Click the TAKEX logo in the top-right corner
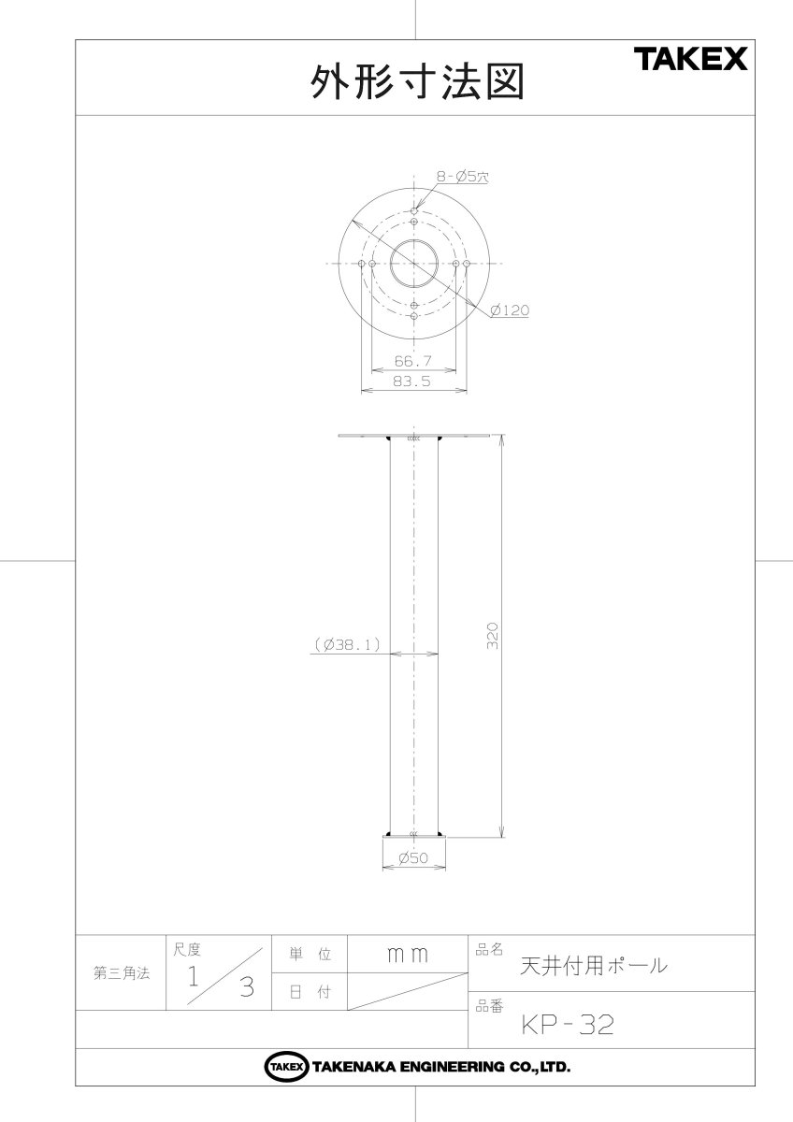[x=691, y=59]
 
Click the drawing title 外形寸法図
[x=417, y=81]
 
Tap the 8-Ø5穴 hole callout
[x=462, y=177]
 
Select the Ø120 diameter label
[x=510, y=310]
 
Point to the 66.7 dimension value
[x=412, y=361]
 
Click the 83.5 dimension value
[x=411, y=381]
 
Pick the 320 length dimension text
[x=493, y=636]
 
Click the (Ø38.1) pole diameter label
[x=347, y=644]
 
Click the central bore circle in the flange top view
[x=390, y=264]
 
